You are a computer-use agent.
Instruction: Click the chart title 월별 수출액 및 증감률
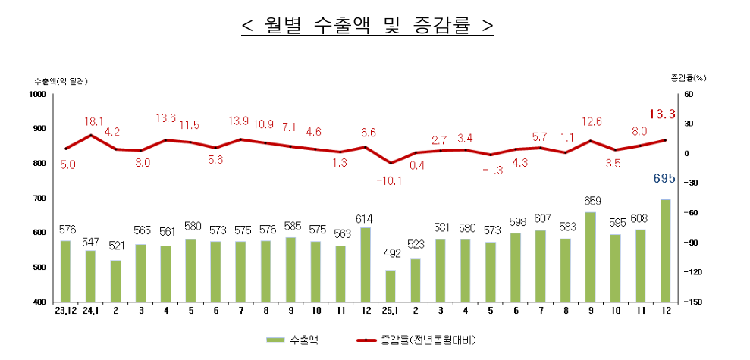pyautogui.click(x=368, y=26)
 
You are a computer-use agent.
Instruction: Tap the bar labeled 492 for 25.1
pyautogui.click(x=391, y=286)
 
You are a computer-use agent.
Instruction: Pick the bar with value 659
pyautogui.click(x=590, y=257)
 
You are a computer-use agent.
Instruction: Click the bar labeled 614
pyautogui.click(x=366, y=265)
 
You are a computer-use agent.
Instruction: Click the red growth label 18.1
pyautogui.click(x=94, y=121)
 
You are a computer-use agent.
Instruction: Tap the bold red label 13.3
pyautogui.click(x=663, y=114)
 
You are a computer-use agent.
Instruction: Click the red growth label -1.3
pyautogui.click(x=492, y=171)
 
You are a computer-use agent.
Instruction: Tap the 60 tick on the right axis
pyautogui.click(x=689, y=94)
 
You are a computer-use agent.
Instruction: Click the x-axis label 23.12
pyautogui.click(x=65, y=311)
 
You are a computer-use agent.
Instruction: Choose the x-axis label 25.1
pyautogui.click(x=391, y=311)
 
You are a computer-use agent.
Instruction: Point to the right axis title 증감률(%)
pyautogui.click(x=688, y=77)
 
